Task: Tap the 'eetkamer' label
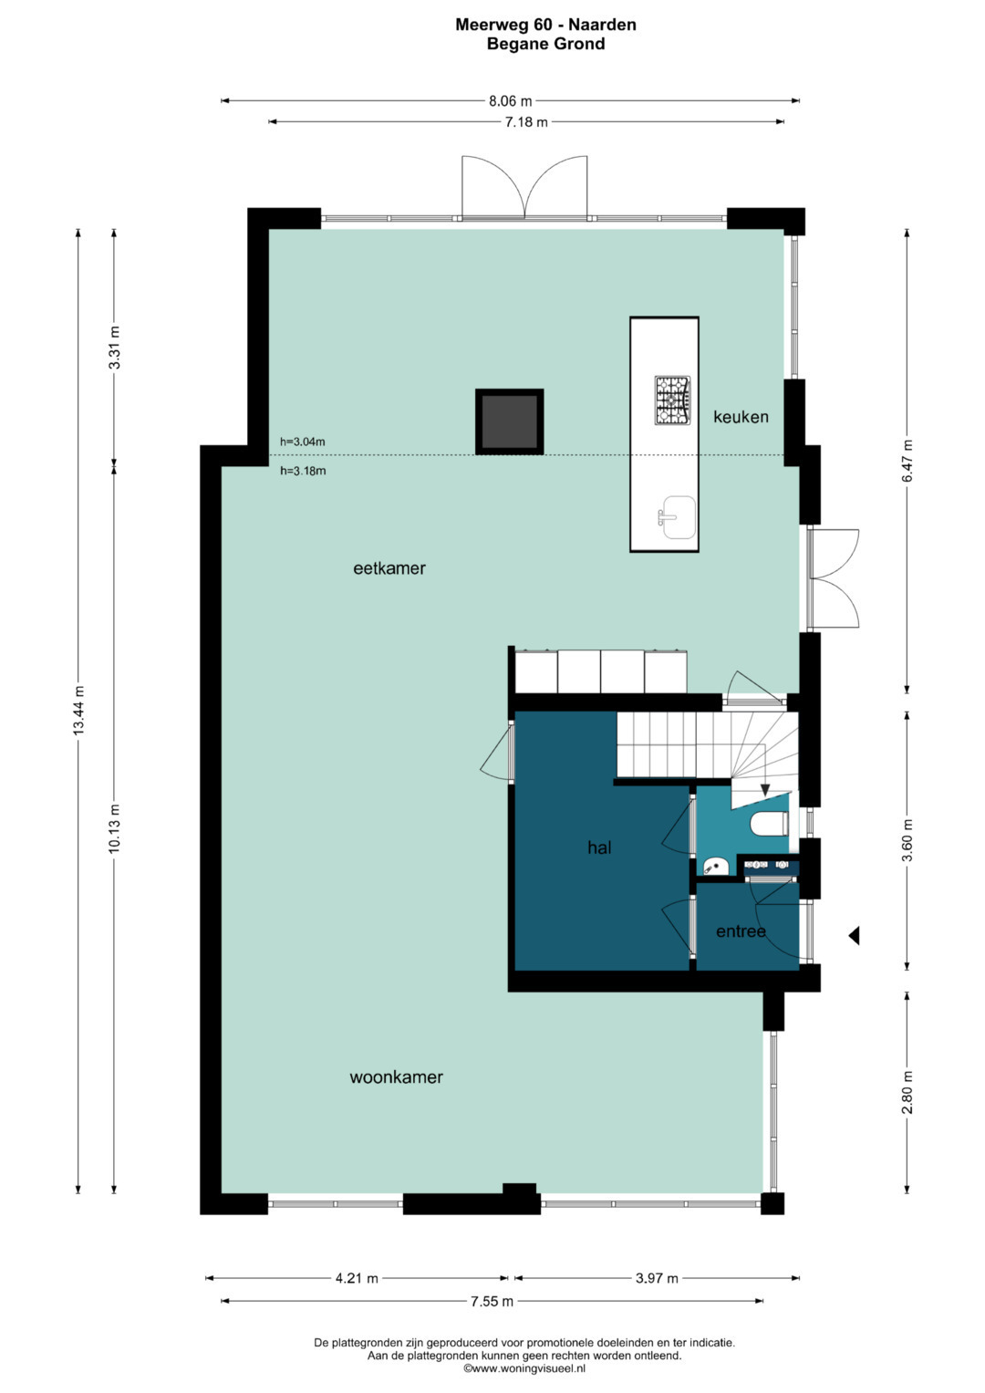coord(389,567)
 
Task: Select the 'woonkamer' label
coord(396,1077)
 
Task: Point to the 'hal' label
coord(599,847)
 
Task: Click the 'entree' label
coord(741,930)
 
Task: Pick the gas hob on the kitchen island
coord(672,400)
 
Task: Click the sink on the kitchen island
coord(677,517)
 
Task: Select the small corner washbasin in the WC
coord(716,866)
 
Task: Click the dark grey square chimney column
coord(509,421)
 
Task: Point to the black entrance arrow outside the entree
coord(855,935)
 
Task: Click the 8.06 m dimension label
coord(510,100)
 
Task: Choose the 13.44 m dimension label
coord(78,711)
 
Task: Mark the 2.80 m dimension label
coord(907,1093)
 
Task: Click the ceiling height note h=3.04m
coord(302,442)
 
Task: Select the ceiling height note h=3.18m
coord(303,471)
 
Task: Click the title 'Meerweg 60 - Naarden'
coord(545,25)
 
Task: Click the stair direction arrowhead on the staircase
coord(765,790)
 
